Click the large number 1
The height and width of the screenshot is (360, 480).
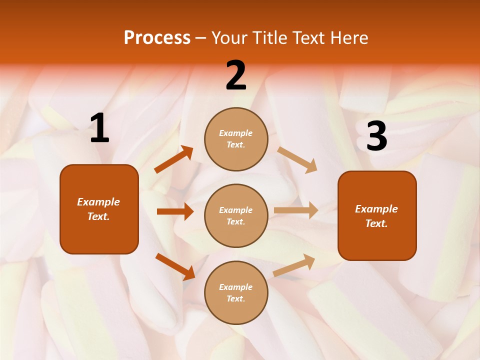99,128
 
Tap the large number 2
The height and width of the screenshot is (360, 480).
236,75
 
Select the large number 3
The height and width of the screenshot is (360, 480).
376,136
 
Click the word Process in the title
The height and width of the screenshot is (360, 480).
157,37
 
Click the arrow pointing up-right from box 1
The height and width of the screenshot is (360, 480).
174,159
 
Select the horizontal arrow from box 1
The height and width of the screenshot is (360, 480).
175,211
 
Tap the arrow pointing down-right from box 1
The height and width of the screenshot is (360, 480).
175,266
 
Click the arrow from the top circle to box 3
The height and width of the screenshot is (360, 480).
297,159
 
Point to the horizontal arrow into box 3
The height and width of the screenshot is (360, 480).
296,210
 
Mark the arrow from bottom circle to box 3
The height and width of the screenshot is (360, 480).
294,265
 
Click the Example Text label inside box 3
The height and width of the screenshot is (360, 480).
376,216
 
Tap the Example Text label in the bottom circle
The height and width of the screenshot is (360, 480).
236,292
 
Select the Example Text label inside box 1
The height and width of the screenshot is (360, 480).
98,209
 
